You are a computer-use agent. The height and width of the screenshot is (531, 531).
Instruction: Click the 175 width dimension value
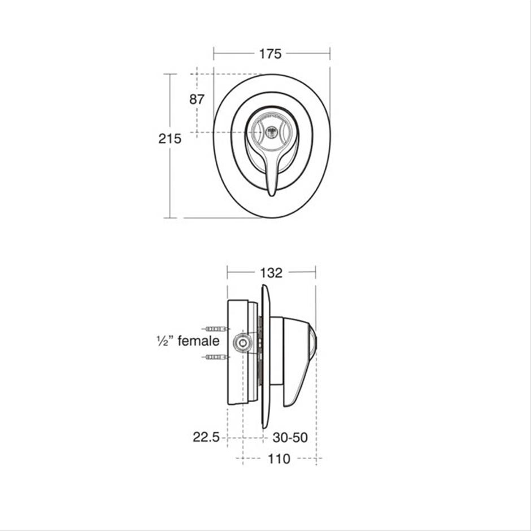click(x=270, y=54)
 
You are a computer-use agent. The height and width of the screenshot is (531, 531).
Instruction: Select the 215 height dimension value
click(x=169, y=138)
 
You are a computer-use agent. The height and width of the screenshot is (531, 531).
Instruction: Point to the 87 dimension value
click(x=197, y=99)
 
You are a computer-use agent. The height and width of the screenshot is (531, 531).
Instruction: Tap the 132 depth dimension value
click(x=271, y=273)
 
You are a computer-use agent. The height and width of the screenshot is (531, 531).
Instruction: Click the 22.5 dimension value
click(x=206, y=437)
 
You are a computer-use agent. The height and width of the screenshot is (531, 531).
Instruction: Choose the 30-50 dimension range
click(x=290, y=437)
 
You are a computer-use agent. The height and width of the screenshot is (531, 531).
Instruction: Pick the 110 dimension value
click(x=279, y=459)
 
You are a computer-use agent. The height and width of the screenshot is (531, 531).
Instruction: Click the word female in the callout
click(x=198, y=341)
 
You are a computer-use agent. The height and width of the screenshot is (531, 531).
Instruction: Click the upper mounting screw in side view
click(x=216, y=329)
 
